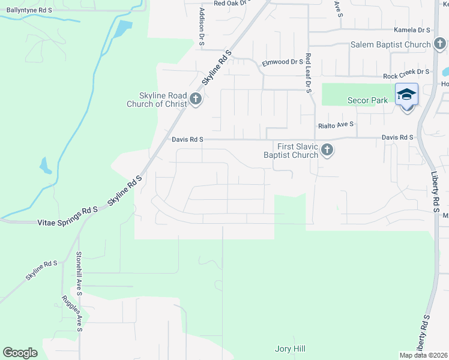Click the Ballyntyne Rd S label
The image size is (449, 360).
click(x=29, y=11)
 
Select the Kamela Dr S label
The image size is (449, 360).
click(x=412, y=29)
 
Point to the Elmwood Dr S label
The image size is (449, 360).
click(x=283, y=62)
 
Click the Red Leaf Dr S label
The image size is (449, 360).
click(x=308, y=73)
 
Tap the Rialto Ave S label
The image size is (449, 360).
click(x=336, y=125)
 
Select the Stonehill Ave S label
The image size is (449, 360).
click(x=79, y=271)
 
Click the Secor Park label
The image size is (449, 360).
click(x=368, y=100)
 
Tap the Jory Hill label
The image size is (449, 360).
click(x=291, y=349)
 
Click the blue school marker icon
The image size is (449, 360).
click(x=406, y=95)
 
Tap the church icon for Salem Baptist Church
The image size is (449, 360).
click(x=440, y=44)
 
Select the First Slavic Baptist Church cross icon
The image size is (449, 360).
click(x=327, y=149)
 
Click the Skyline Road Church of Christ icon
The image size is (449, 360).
click(x=195, y=99)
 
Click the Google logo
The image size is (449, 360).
click(x=20, y=353)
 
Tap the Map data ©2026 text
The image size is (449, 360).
click(x=423, y=355)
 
